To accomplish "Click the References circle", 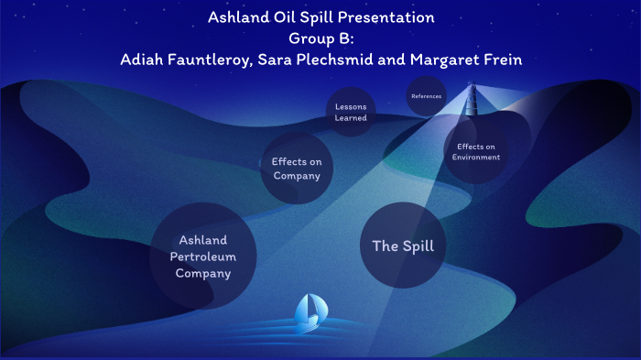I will pyautogui.click(x=426, y=96).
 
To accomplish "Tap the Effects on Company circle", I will pyautogui.click(x=296, y=168).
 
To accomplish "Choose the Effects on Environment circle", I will pyautogui.click(x=476, y=151).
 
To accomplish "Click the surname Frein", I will pyautogui.click(x=500, y=59).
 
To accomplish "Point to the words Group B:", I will pyautogui.click(x=320, y=38).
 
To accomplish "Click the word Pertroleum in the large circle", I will pyautogui.click(x=203, y=256).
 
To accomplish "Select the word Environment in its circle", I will pyautogui.click(x=476, y=157).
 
